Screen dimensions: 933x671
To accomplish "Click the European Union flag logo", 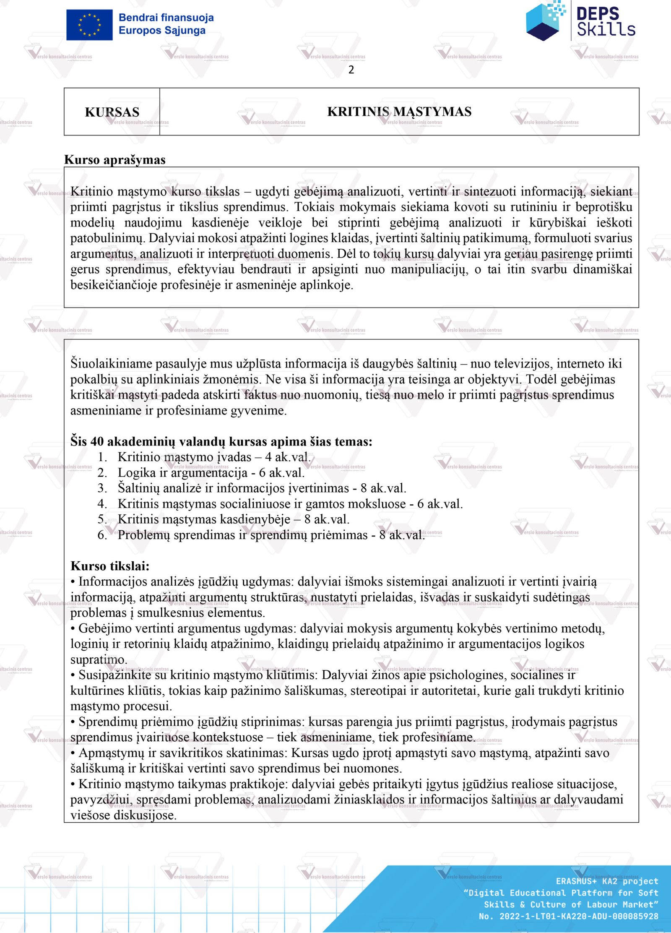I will click(x=89, y=25).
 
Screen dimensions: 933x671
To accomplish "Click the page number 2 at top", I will click(x=351, y=70).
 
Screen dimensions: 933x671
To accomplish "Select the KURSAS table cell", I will click(x=112, y=112).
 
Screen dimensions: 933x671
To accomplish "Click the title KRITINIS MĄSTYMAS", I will click(x=399, y=112).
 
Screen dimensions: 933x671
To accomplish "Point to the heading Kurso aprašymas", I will click(x=115, y=160).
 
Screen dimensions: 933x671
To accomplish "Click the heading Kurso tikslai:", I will click(x=110, y=566).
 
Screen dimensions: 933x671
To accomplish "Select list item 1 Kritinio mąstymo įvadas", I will click(x=214, y=457).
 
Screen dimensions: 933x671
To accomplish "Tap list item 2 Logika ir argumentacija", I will click(x=211, y=472).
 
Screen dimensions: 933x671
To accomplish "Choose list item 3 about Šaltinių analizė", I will click(x=262, y=488).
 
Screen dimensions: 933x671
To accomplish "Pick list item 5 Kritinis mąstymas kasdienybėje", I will click(x=233, y=519).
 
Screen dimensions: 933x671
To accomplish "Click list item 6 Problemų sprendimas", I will click(x=271, y=535).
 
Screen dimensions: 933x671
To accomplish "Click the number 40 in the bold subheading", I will click(x=97, y=441).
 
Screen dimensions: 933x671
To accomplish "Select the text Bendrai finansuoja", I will click(x=166, y=18).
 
